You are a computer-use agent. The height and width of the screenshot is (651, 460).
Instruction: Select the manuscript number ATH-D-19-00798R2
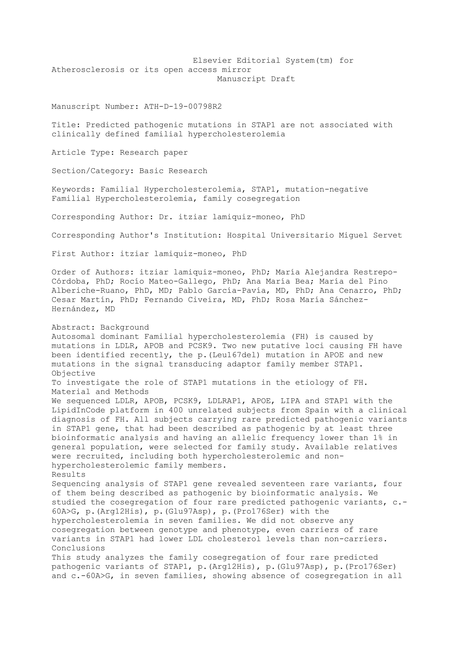pyautogui.click(x=183, y=107)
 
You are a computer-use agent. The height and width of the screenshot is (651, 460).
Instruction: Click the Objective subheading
pyautogui.click(x=73, y=373)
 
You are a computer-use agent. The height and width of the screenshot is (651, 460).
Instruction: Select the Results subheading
pyautogui.click(x=69, y=475)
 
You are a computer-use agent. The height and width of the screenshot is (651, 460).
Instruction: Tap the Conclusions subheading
pyautogui.click(x=78, y=548)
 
